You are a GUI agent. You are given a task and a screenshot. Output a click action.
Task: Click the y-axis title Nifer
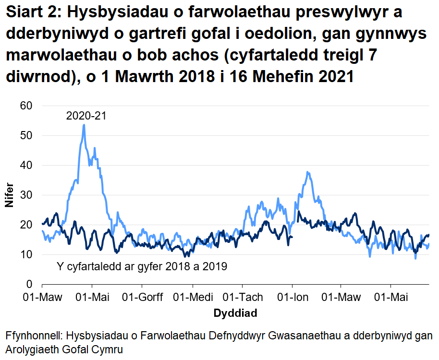click(x=9, y=195)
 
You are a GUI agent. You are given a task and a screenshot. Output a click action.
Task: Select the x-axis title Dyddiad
click(x=235, y=314)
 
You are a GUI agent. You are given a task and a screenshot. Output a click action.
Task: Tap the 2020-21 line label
click(x=86, y=116)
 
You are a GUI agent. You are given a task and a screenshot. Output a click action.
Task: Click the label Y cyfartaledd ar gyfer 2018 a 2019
click(x=142, y=266)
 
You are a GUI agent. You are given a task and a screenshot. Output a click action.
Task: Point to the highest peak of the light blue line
click(x=84, y=125)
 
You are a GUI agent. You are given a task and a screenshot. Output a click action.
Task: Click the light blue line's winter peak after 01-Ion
click(x=307, y=172)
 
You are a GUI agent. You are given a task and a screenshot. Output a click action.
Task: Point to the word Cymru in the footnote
click(x=107, y=349)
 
